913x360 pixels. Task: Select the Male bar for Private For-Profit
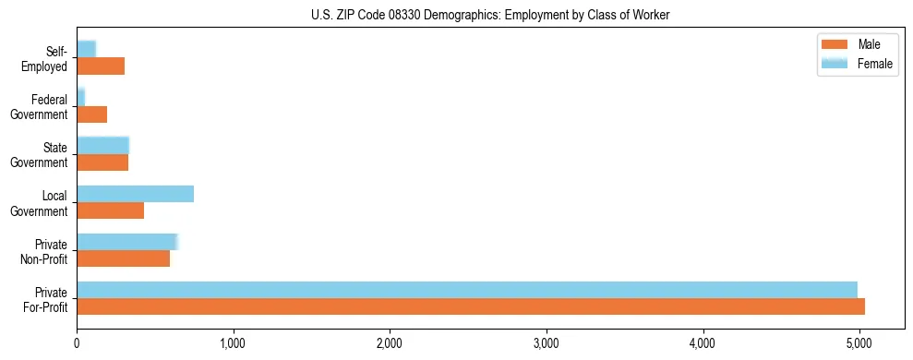click(x=471, y=306)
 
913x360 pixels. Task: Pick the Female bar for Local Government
click(x=135, y=193)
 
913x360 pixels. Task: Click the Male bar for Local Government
click(x=110, y=210)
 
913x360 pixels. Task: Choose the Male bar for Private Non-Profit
click(x=123, y=258)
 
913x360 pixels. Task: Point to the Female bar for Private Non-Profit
click(x=126, y=241)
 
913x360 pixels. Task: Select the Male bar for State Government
click(x=102, y=162)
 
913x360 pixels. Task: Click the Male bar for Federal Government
click(x=91, y=114)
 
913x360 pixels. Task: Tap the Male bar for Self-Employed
click(x=101, y=66)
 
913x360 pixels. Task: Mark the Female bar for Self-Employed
click(x=86, y=49)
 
